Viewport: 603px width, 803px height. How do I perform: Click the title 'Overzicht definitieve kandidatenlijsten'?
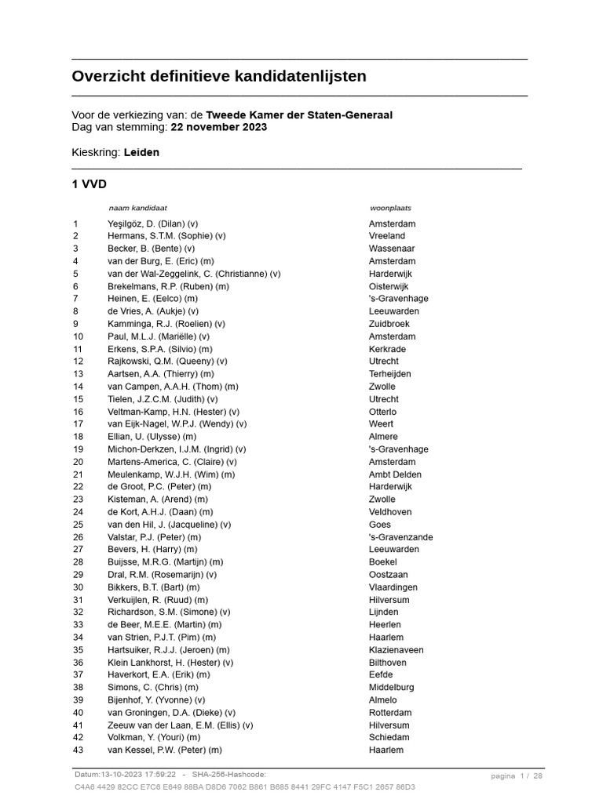point(219,77)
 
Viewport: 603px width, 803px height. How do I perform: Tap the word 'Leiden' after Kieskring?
point(141,152)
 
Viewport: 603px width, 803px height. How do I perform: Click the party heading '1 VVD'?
point(89,184)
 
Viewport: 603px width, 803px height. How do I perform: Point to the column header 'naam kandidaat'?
point(137,209)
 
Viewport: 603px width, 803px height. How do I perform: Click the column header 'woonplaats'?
point(390,209)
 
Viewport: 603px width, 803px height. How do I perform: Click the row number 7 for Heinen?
point(76,299)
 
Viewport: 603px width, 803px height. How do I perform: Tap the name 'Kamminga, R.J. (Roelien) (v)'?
point(166,324)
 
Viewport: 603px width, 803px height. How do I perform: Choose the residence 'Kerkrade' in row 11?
point(388,349)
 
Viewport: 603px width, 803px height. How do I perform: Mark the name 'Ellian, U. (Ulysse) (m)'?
point(152,437)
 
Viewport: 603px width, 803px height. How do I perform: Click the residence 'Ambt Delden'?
point(395,474)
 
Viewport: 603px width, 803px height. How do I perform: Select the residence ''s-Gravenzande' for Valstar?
point(400,537)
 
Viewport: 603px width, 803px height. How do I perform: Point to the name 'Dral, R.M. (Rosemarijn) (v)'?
point(162,575)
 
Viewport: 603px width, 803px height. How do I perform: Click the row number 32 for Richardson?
point(78,612)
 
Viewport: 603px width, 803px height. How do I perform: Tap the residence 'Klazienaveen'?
point(396,650)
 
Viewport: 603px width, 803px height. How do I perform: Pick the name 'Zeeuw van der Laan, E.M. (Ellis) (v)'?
point(181,725)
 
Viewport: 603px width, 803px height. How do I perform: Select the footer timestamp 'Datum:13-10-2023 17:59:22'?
point(126,775)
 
